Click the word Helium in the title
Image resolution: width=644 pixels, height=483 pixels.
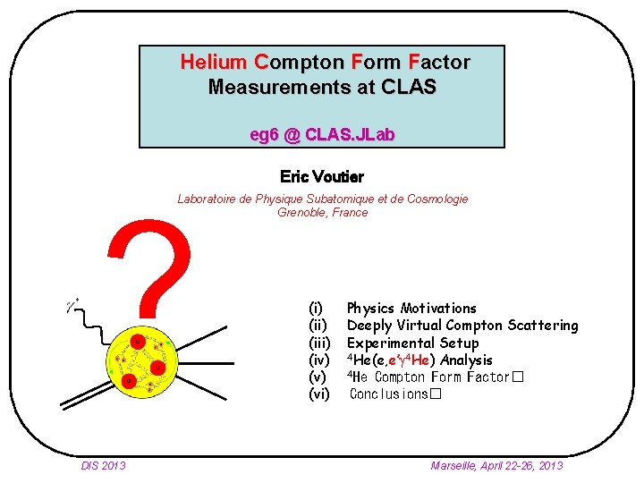coord(214,63)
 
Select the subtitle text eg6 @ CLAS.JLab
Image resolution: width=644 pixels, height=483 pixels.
coord(323,135)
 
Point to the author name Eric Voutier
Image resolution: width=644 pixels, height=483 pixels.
coord(322,177)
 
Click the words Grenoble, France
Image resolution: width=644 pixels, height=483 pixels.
coord(323,213)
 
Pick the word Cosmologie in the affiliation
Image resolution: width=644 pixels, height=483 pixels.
coord(437,199)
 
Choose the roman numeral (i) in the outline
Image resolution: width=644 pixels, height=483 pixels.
coord(317,309)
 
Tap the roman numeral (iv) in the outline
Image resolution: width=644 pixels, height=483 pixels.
coord(319,360)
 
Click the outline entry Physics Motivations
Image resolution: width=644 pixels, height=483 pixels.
coord(411,309)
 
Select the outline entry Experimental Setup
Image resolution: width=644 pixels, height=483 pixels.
coord(412,343)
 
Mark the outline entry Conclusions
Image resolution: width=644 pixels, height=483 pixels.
coord(390,394)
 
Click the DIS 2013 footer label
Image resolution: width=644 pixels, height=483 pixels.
coord(103,465)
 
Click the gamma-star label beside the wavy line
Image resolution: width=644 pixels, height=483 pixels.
coord(72,305)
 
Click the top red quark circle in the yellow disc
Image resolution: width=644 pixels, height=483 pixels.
coord(138,343)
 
